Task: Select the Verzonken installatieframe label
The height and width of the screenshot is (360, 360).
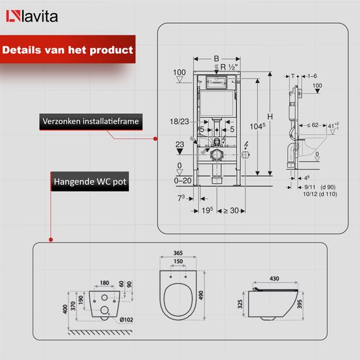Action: click(x=90, y=122)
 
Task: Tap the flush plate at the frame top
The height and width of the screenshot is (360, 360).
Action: click(x=216, y=82)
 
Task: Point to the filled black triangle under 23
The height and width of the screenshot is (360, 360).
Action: click(x=181, y=150)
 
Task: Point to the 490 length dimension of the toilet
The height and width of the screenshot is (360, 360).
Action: click(x=209, y=295)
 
